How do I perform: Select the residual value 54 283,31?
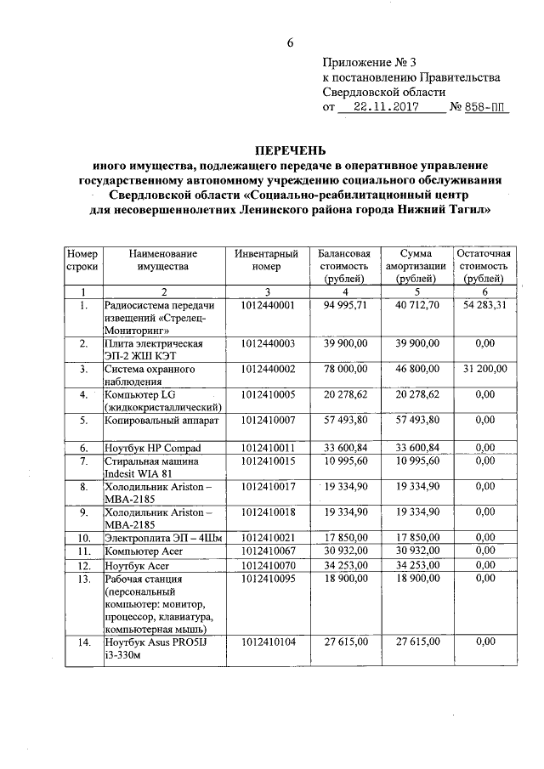484,305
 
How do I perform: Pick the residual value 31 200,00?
484,369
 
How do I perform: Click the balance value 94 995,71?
343,305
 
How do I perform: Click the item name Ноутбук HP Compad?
151,448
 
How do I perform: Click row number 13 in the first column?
83,579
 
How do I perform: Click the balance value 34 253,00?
343,564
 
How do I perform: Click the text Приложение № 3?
370,62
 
